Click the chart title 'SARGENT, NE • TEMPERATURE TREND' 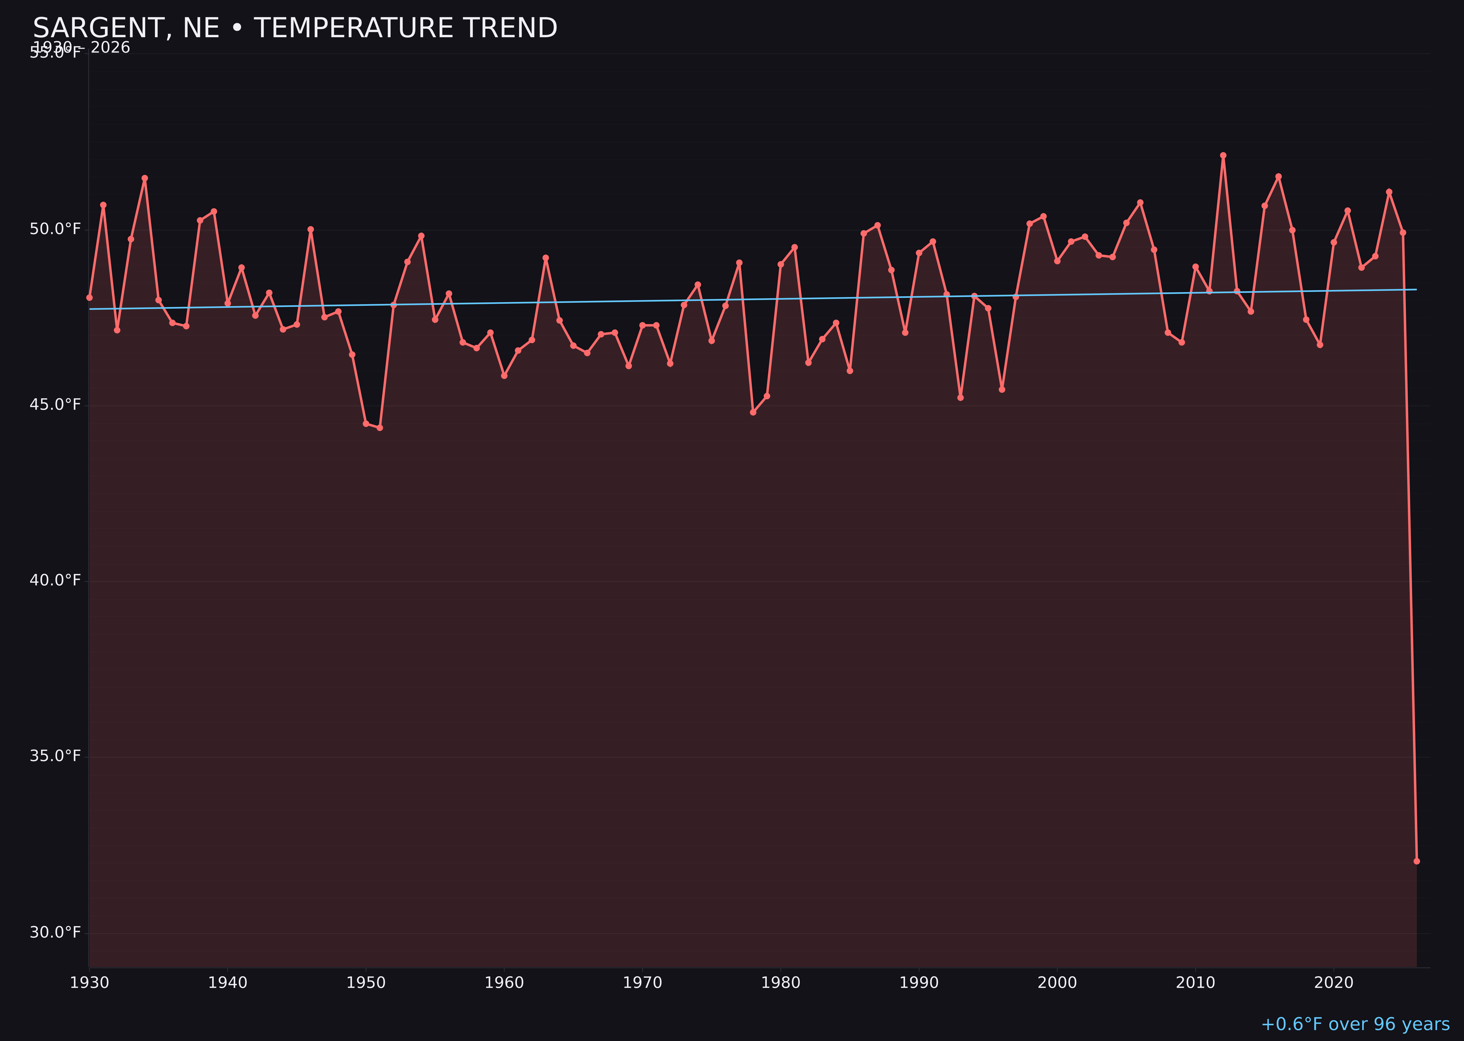295,28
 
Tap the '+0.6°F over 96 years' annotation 1355,1024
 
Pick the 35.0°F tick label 55,756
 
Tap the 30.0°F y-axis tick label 55,932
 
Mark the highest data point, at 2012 1223,155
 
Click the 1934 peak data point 145,178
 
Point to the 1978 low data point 753,412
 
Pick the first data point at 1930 89,298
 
